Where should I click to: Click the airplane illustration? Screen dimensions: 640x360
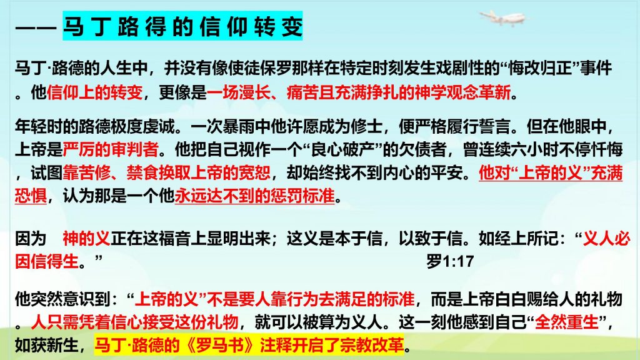tap(502, 18)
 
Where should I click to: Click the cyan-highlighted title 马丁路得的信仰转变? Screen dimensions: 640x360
tap(182, 26)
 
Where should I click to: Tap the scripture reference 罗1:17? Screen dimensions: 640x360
tap(450, 261)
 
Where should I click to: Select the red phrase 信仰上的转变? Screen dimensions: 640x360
tap(95, 92)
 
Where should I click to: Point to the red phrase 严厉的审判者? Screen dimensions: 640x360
tap(111, 149)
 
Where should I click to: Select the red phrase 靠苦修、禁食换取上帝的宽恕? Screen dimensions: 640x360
tap(166, 172)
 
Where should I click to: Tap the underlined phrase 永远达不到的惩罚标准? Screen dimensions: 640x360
tap(255, 196)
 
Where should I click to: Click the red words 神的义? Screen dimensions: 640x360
tap(86, 238)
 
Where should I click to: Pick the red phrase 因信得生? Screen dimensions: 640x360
tap(46, 261)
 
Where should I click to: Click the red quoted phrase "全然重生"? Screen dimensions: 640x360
tap(566, 322)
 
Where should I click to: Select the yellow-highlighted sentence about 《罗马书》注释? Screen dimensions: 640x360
tap(249, 345)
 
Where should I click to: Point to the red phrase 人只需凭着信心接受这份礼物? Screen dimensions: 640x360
tap(135, 322)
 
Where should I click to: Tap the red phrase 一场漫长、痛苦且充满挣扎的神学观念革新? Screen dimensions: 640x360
tap(359, 92)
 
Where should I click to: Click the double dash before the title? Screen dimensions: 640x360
tap(36, 27)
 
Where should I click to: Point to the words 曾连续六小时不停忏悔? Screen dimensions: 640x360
tap(543, 149)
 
